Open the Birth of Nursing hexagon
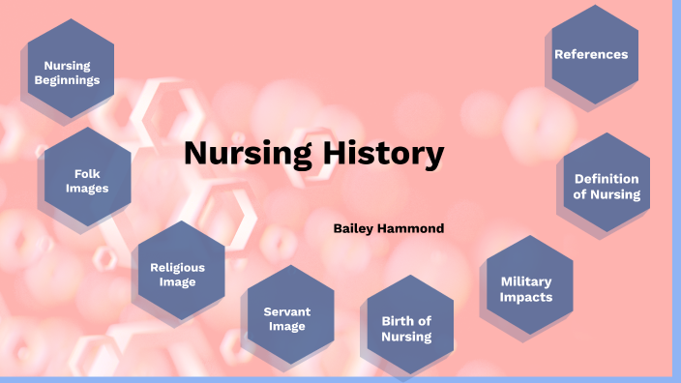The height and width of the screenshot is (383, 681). (x=406, y=329)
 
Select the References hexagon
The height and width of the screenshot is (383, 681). (x=591, y=55)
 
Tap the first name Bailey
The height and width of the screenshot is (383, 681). (x=353, y=228)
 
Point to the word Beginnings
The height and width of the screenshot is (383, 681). (x=68, y=81)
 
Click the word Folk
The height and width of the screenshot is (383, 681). (x=87, y=173)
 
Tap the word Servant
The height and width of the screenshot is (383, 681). (x=286, y=311)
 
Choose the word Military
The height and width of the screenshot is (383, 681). (x=526, y=281)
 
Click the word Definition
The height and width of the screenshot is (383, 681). (x=607, y=179)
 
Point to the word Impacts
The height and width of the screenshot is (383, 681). (x=526, y=297)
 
